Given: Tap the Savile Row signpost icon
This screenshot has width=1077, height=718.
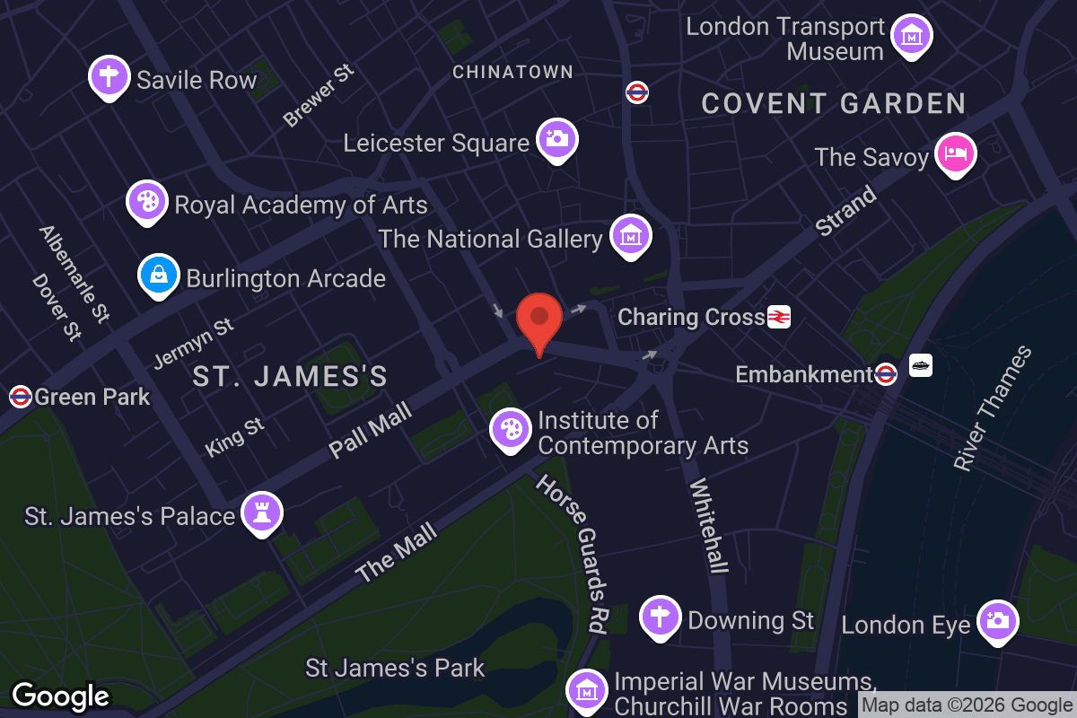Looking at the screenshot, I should [109, 77].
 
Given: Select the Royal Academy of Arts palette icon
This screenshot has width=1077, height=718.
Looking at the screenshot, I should [147, 202].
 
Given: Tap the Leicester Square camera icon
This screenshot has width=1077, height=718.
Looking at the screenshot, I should [557, 139].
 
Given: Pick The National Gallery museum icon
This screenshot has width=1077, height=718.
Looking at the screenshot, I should [630, 236].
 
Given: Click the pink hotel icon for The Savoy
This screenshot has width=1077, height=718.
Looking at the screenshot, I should [955, 155].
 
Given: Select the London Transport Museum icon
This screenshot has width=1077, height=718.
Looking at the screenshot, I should [912, 37].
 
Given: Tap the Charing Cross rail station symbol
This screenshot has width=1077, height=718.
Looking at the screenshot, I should [778, 317].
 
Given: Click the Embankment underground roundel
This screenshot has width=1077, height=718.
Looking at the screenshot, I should [886, 373].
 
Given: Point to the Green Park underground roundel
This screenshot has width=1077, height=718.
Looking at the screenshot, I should [20, 396].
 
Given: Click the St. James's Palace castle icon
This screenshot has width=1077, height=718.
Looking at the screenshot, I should [262, 513].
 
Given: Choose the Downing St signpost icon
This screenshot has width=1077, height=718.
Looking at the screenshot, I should [661, 617].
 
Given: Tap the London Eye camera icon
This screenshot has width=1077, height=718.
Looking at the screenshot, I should [998, 621].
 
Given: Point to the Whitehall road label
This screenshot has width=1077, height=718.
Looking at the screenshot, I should [708, 525].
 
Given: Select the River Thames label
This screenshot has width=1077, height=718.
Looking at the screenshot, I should [993, 408].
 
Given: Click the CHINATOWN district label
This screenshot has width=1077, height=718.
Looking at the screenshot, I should [512, 72].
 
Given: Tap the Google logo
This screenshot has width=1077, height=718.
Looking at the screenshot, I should [61, 696].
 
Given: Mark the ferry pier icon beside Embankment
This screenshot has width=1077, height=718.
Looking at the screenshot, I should [921, 365].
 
